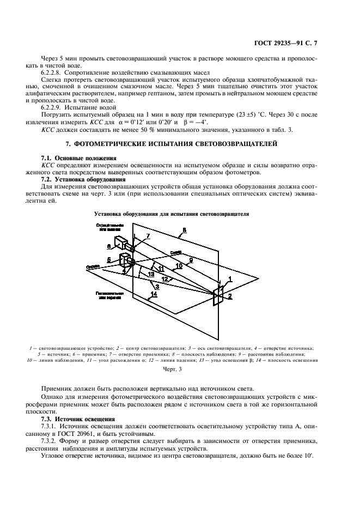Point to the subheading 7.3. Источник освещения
[75, 419]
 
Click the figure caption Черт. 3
[172, 369]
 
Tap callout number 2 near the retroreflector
[230, 297]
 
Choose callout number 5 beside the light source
[109, 259]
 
